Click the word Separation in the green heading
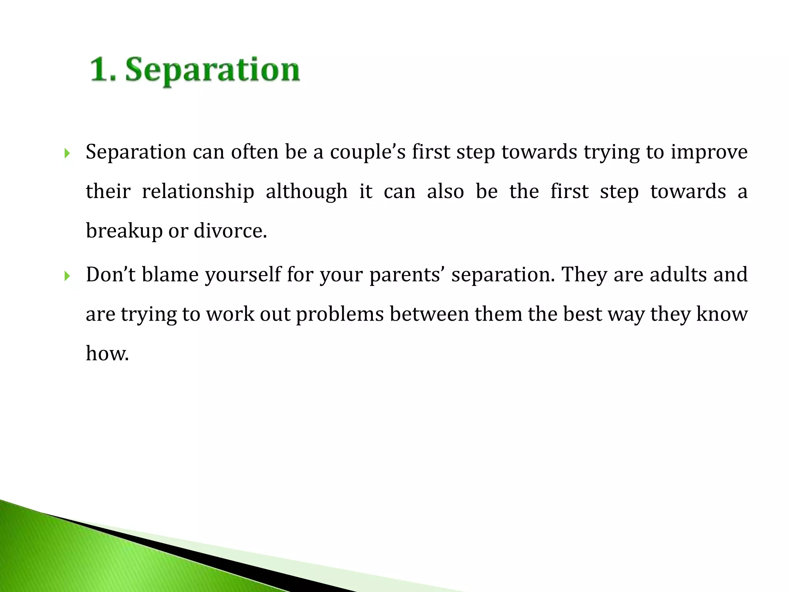coord(212,70)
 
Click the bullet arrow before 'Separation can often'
coord(67,154)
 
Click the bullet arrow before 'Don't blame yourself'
coord(67,276)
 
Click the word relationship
coord(198,192)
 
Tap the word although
coord(306,192)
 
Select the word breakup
coord(124,231)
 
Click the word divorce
coord(230,231)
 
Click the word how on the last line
coord(107,353)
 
